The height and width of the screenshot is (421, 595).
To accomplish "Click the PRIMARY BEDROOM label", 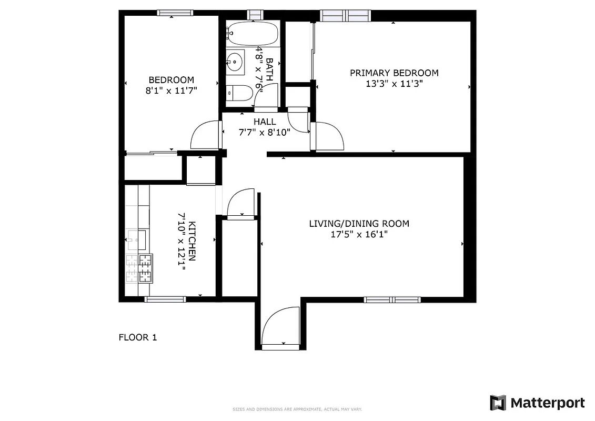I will coord(394,73).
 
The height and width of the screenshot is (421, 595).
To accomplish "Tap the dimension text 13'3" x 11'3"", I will coord(394,83).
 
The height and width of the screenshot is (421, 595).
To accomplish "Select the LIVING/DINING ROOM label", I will coord(359,224).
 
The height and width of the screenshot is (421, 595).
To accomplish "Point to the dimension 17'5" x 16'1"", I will coord(359,235).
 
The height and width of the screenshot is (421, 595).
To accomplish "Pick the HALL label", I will coord(264,122).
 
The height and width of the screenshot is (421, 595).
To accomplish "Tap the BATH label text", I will coord(269,69).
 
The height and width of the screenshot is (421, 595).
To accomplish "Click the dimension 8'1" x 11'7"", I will coord(171,91).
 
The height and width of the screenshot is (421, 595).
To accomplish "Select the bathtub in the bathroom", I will coord(253,33).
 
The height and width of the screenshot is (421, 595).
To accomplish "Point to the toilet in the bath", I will coord(235,93).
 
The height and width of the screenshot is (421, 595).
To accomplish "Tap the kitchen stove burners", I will coord(139,268).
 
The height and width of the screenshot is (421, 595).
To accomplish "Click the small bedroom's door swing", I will coord(205,135).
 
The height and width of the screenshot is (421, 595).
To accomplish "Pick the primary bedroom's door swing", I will coord(327,136).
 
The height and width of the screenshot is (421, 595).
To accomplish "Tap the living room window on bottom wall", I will coord(392,300).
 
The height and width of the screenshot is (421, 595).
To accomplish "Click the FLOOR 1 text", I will coord(137,337).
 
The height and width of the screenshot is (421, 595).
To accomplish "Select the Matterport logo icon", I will coord(498,403).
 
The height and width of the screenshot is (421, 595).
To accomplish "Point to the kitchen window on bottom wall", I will coord(165,299).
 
